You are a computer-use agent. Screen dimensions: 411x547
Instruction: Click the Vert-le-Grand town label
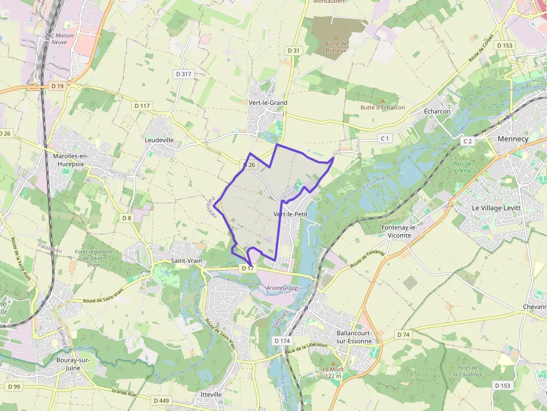point(268,103)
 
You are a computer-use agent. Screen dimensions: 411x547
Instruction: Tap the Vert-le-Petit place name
point(290,214)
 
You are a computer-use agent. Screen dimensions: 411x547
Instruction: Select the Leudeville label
point(159,140)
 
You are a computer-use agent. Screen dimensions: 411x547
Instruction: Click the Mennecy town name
point(512,139)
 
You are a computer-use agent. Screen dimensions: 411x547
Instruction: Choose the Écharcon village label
point(437,112)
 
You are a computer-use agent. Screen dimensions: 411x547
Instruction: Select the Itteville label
point(211,394)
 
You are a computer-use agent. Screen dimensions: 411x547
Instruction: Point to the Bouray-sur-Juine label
point(73,364)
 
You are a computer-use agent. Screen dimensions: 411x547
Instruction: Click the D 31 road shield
point(293,51)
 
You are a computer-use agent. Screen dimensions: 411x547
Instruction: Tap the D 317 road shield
point(183,74)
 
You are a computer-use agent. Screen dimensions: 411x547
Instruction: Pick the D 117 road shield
point(142,106)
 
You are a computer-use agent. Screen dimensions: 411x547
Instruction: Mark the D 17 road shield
point(248,269)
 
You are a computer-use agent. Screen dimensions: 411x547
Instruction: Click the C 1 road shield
point(385,138)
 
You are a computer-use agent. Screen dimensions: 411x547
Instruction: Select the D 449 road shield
point(161,400)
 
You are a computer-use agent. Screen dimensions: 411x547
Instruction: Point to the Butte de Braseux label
point(337,47)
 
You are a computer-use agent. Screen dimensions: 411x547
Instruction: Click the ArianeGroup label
point(282,288)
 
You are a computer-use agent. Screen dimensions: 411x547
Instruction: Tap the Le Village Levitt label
point(496,207)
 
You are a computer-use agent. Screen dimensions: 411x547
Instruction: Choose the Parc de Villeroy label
point(463,168)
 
